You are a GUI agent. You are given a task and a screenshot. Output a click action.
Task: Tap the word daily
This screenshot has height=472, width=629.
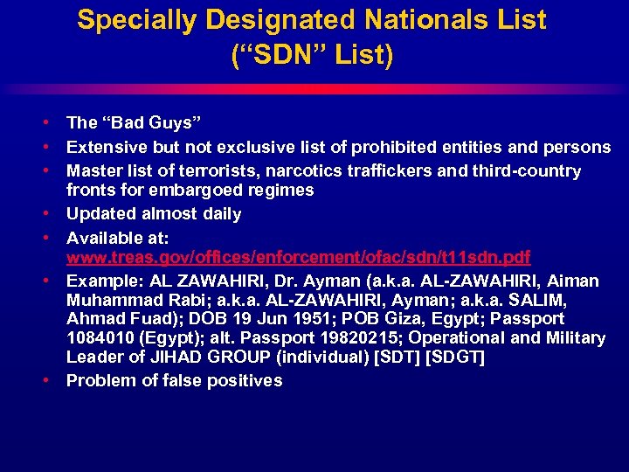click(221, 213)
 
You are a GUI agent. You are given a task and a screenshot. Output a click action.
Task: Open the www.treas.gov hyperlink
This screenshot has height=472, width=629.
click(299, 258)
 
